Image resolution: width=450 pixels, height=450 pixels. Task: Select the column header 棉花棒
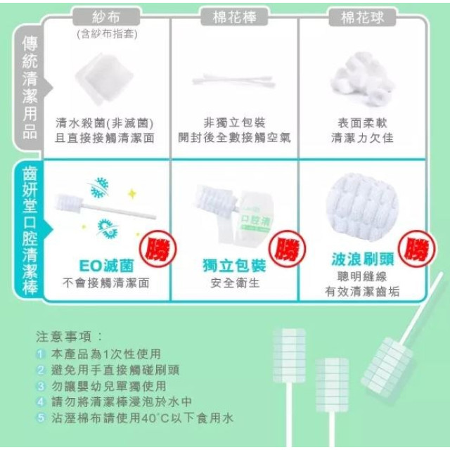(x=234, y=18)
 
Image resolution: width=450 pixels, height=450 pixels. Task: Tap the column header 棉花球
(x=361, y=18)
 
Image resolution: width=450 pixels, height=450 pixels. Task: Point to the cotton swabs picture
(x=234, y=78)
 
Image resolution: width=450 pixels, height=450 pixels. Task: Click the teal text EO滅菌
(x=105, y=266)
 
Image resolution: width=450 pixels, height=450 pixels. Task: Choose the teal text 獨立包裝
(x=234, y=266)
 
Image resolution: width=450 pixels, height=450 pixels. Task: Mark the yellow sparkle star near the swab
(x=131, y=193)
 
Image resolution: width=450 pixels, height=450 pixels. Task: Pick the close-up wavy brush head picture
(x=360, y=207)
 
